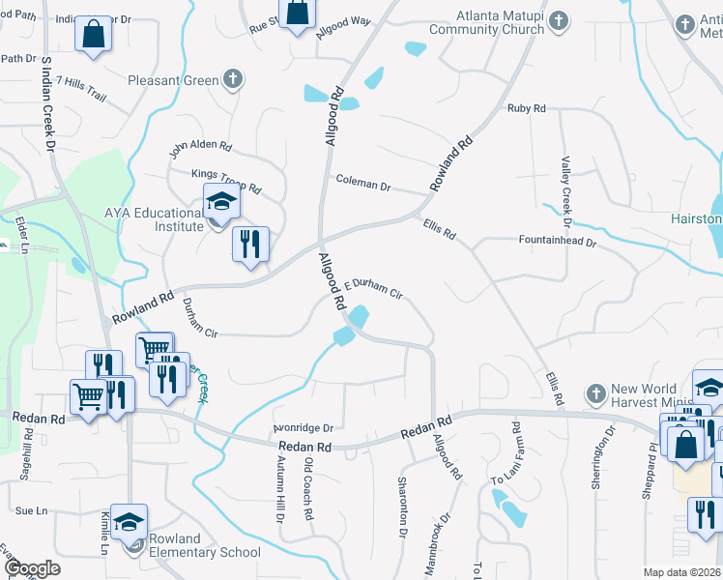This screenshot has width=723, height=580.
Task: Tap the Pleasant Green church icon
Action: point(232,79)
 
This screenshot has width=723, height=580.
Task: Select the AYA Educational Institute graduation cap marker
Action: point(221,202)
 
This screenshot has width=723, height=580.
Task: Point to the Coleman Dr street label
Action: point(362,183)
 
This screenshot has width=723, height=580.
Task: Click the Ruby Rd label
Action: point(527,109)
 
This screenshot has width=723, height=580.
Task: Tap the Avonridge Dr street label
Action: point(303,427)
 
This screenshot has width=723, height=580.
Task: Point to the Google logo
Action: point(31,568)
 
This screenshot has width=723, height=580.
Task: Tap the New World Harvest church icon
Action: point(596,394)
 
